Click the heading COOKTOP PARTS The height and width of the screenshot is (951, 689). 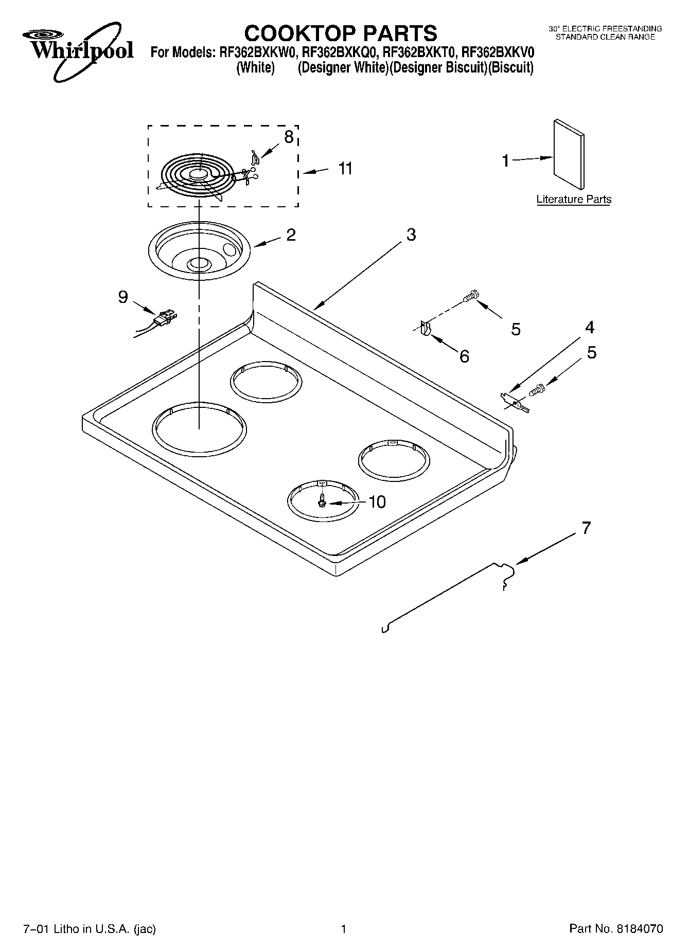341,33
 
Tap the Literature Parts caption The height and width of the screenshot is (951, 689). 574,199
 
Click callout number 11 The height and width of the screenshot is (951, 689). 345,168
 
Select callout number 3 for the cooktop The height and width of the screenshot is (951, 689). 411,235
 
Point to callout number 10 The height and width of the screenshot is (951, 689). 377,501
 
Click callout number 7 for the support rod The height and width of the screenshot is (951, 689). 586,528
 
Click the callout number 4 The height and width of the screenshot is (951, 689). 590,327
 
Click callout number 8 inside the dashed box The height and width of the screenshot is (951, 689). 289,137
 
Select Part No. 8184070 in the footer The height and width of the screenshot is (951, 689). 616,928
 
